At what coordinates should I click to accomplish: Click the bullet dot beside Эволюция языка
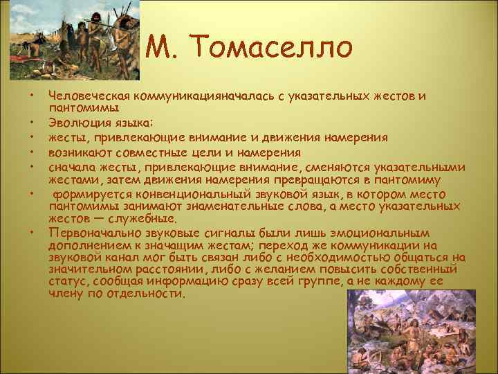pyautogui.click(x=31, y=123)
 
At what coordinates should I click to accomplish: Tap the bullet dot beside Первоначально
pyautogui.click(x=31, y=231)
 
